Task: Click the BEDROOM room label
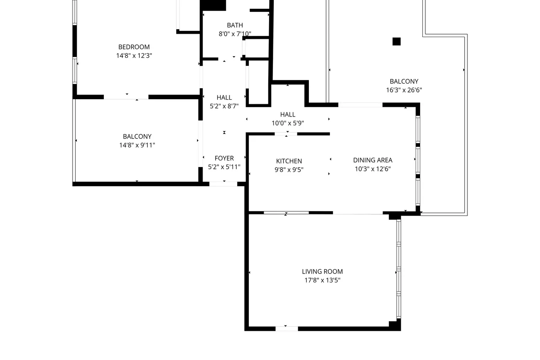coord(134,47)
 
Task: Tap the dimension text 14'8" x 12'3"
coord(134,56)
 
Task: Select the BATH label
coord(235,25)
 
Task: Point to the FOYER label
coord(224,158)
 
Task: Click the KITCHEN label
coord(289,161)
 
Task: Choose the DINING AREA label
coord(373,160)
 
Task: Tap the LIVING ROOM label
coord(322,271)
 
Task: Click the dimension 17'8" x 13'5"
coord(322,280)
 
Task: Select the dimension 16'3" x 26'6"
coord(404,90)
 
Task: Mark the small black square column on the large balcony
coord(397,41)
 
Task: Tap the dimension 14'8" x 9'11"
coord(137,145)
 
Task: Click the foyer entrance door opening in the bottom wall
coord(223,184)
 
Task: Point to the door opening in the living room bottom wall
coord(286,329)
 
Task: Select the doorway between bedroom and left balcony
coord(126,97)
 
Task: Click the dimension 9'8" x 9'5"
coord(289,170)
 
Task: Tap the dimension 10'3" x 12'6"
coord(373,169)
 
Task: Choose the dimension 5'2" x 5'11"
coord(224,167)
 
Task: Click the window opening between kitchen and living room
coord(286,213)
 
